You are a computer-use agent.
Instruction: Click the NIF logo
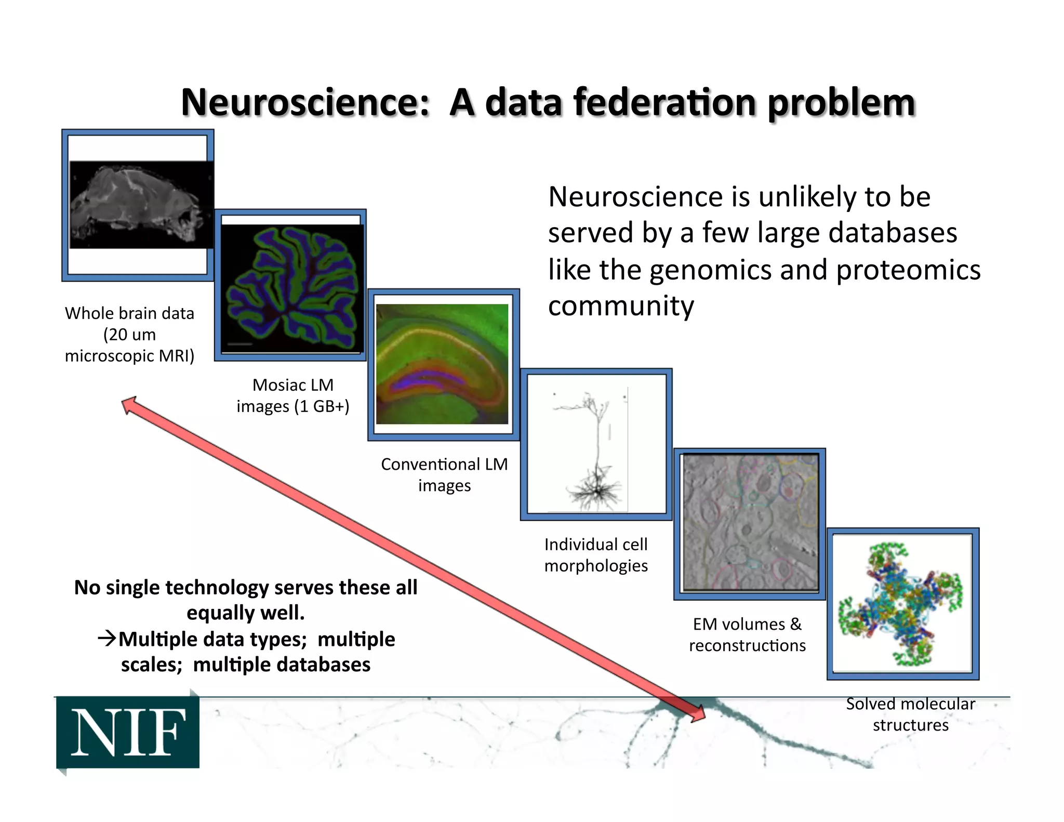128,732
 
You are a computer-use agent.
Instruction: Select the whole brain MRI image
140,205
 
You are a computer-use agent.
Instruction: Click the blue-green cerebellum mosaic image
292,287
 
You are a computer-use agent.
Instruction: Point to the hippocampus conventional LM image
442,364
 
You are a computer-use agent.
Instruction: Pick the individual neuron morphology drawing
595,445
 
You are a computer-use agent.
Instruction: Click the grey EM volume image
750,522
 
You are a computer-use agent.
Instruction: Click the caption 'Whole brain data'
129,313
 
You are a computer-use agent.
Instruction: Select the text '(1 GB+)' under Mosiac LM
322,406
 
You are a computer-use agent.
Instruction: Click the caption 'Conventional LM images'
444,474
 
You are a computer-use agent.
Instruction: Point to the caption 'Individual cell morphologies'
596,555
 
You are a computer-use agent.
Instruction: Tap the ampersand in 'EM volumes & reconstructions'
795,624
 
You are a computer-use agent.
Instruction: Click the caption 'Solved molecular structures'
910,714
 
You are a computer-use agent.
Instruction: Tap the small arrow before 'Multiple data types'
107,638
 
